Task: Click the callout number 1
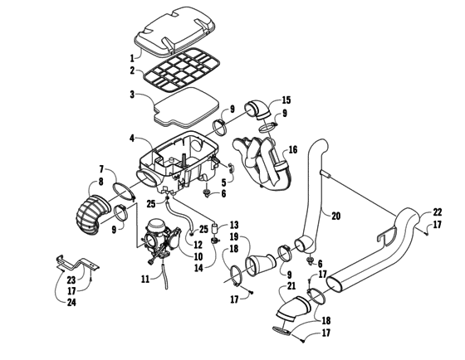(x=131, y=58)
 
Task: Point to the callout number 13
(x=233, y=225)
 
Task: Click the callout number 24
(x=71, y=302)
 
